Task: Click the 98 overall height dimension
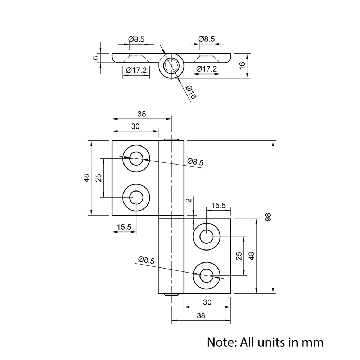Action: point(268,217)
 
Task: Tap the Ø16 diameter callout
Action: point(190,93)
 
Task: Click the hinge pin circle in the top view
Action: point(171,66)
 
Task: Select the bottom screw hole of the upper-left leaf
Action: point(136,197)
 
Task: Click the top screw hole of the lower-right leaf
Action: point(206,237)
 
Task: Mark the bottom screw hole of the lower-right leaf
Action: point(206,276)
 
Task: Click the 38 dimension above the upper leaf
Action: point(142,114)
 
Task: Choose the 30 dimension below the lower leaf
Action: point(207,302)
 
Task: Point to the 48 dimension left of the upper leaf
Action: point(86,178)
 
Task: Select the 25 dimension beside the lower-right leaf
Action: point(238,256)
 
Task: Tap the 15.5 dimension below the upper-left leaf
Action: point(124,227)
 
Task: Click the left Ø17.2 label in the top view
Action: point(136,70)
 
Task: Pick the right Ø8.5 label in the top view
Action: point(206,39)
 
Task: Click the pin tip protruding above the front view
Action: point(172,139)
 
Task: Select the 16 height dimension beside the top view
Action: point(242,65)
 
